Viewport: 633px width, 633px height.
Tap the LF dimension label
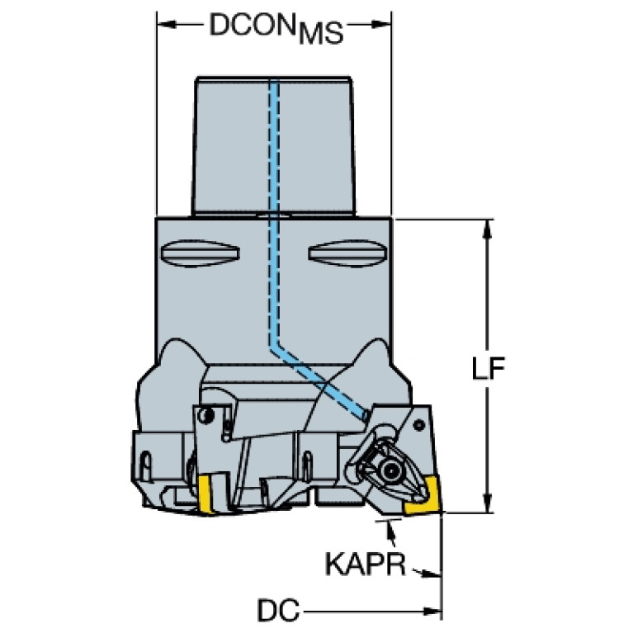(489, 368)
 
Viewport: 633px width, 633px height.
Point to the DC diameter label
(279, 610)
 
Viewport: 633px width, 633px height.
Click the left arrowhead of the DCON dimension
(167, 25)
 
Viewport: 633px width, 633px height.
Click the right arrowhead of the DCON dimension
(381, 25)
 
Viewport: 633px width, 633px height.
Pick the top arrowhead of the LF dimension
(488, 229)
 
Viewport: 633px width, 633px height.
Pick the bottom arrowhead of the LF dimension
(488, 503)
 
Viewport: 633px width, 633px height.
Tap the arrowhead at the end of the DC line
(432, 612)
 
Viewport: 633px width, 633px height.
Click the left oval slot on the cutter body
(201, 253)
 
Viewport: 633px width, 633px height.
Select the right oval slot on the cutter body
(347, 253)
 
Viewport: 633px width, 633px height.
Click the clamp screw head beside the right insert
(390, 469)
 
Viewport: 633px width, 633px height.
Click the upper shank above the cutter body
(274, 146)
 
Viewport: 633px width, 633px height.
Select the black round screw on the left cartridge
(207, 414)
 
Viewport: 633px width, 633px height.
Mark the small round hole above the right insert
(419, 425)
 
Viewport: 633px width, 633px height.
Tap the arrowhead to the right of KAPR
(431, 574)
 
